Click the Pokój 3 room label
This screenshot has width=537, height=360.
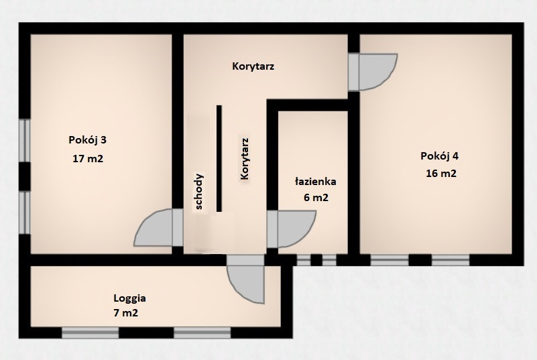(88, 140)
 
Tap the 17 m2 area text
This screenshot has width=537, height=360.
(88, 159)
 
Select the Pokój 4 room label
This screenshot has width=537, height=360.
(439, 156)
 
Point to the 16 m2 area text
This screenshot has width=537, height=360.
(441, 174)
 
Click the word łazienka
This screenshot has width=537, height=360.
(315, 182)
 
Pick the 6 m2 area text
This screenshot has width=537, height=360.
(316, 198)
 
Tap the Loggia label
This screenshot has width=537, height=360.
(130, 299)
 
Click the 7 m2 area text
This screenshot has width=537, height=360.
(125, 313)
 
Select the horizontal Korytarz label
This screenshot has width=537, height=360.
(253, 66)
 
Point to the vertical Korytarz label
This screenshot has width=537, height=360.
(244, 159)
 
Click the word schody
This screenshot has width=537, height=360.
(198, 192)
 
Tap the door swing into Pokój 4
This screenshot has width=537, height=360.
(378, 72)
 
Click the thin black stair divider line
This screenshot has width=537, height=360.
(219, 158)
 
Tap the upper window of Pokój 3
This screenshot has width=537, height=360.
(25, 140)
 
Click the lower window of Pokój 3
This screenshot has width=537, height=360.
(25, 213)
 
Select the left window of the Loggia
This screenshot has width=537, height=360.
(91, 333)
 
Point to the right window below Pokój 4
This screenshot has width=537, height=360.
(451, 260)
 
